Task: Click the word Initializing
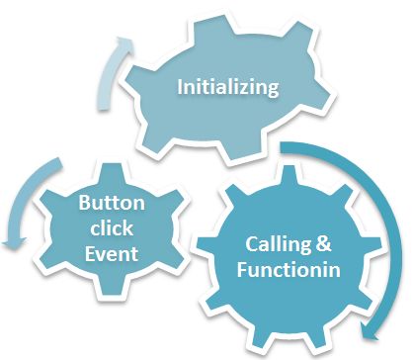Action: (227, 87)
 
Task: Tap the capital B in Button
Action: (83, 206)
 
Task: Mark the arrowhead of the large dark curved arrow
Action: (370, 326)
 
